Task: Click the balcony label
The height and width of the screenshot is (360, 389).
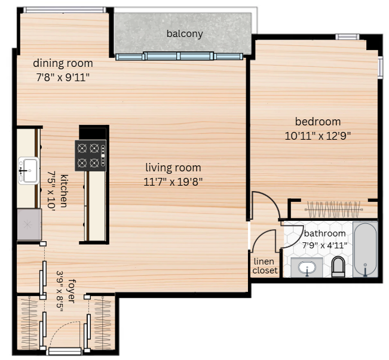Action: (x=185, y=33)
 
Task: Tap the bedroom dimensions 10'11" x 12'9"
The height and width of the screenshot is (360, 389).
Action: (x=317, y=136)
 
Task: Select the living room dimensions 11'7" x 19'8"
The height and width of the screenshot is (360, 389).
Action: (x=173, y=182)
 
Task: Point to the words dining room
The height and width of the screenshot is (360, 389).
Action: (x=63, y=63)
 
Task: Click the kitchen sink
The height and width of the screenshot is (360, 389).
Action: (x=29, y=171)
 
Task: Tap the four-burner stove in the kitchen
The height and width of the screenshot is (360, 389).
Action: (x=91, y=155)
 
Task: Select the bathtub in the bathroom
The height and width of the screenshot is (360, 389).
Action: (x=365, y=250)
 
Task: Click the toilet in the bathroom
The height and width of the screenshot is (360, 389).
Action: (x=338, y=266)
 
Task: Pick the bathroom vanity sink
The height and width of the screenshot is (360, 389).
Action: (x=307, y=268)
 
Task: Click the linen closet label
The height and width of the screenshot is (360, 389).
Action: (x=265, y=266)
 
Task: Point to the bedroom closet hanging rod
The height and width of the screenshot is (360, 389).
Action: (x=333, y=210)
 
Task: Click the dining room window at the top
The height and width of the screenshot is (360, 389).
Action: (x=65, y=10)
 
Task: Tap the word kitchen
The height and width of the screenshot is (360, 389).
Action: (x=65, y=191)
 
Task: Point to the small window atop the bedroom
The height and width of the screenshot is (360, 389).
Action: (x=347, y=36)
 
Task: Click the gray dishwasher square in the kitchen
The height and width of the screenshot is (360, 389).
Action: (x=29, y=224)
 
